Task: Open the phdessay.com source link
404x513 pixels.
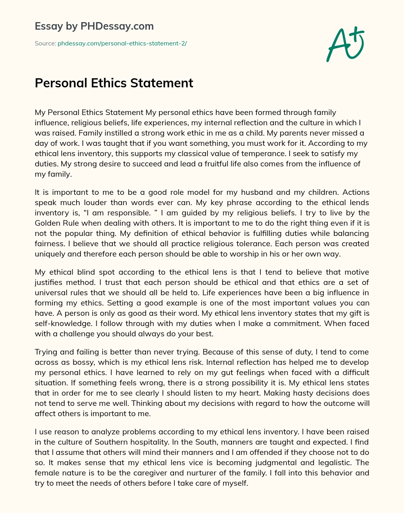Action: [122, 43]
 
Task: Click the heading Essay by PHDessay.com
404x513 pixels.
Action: [94, 26]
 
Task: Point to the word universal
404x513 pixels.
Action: [50, 293]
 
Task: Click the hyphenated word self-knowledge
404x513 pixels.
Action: [63, 324]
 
